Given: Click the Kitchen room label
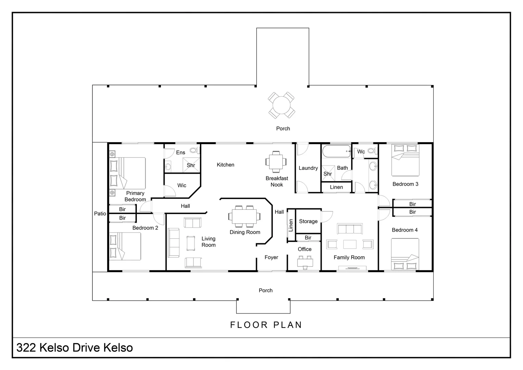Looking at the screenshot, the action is point(225,165).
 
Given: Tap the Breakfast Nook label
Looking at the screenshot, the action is point(277,181).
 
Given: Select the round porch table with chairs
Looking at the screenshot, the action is point(281,105).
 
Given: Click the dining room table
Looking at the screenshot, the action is point(244,217).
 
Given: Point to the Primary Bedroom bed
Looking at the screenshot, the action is point(127,173).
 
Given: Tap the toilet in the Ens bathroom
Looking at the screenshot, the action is point(194,150).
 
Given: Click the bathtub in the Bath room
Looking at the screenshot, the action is point(336,151).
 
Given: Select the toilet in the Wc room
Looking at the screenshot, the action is point(372,151).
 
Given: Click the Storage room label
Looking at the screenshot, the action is point(308,221).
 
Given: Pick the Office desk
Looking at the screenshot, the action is point(305,262).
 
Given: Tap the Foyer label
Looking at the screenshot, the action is point(271,257).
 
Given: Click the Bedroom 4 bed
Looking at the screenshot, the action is point(405,254).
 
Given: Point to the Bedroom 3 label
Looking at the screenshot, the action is point(405,184).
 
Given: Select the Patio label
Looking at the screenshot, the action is point(100,213).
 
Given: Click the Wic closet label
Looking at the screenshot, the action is point(182,185).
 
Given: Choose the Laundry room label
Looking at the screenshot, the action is point(308,168).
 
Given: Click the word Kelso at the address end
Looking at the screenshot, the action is point(118,348).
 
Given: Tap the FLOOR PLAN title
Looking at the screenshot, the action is point(266,325).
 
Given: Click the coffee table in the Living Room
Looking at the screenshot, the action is point(191,243).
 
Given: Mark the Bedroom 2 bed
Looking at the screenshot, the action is point(125,246).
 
